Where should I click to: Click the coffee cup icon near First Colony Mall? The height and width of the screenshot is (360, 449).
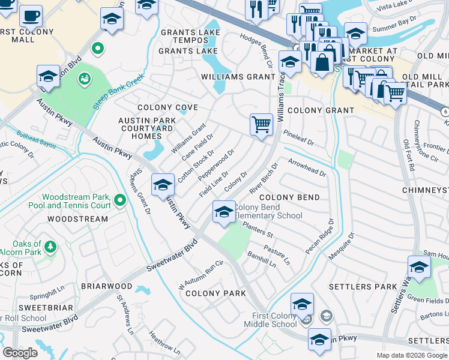pyautogui.click(x=30, y=16)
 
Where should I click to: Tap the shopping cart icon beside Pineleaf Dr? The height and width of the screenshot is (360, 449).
pyautogui.click(x=261, y=125)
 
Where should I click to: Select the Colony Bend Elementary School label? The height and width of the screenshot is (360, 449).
pyautogui.click(x=268, y=211)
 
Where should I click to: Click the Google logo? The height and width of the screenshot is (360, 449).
pyautogui.click(x=20, y=352)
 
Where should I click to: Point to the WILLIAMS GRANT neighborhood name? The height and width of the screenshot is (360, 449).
pyautogui.click(x=238, y=77)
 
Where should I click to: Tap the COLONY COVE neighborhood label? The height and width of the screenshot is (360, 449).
pyautogui.click(x=167, y=108)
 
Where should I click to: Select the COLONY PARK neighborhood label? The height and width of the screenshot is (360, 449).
pyautogui.click(x=215, y=293)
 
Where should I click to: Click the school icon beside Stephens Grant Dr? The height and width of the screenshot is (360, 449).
pyautogui.click(x=163, y=185)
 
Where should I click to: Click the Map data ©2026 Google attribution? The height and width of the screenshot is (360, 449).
pyautogui.click(x=412, y=355)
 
